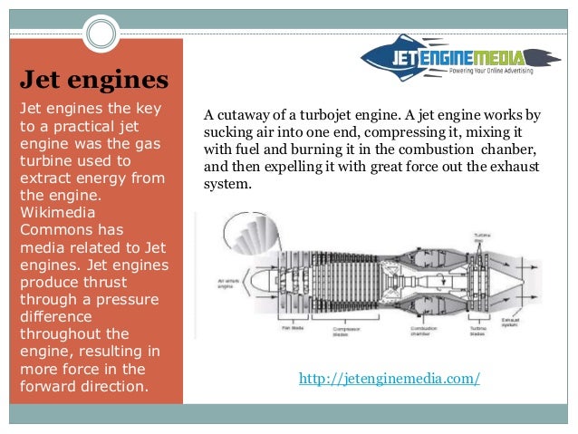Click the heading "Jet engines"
94,79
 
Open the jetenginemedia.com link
389,377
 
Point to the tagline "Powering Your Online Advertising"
489,70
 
